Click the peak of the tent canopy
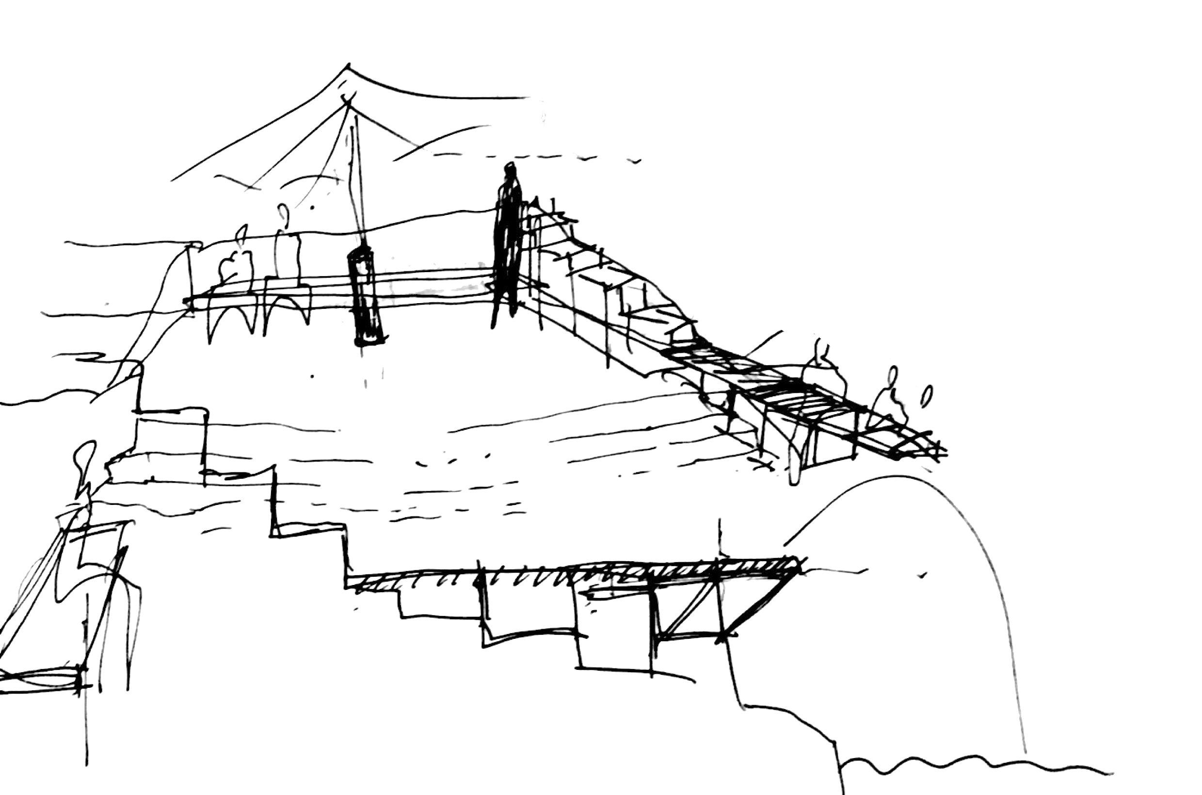pyautogui.click(x=348, y=66)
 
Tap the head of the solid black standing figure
pyautogui.click(x=509, y=170)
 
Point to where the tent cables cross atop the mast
pyautogui.click(x=348, y=101)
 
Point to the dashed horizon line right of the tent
pyautogui.click(x=532, y=156)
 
